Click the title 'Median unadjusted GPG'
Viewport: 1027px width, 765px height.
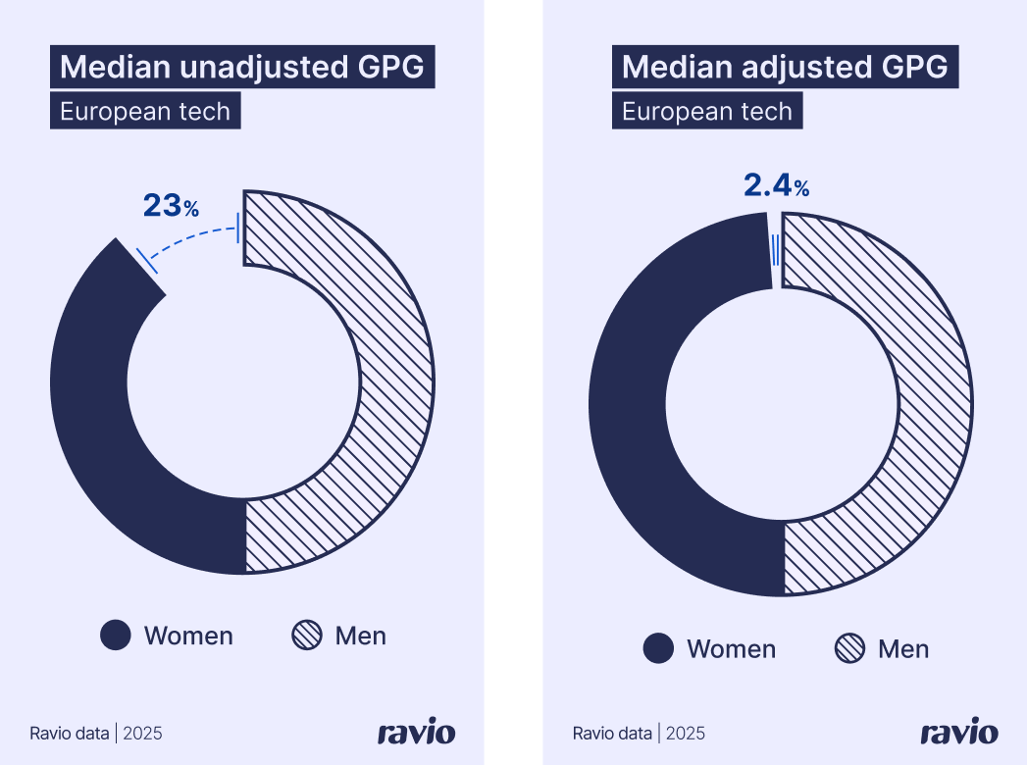(x=242, y=68)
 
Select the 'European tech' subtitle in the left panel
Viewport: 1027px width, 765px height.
(x=145, y=112)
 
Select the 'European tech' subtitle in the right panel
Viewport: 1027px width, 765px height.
(x=707, y=112)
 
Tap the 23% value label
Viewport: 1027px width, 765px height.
(x=171, y=206)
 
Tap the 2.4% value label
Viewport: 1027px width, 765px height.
(x=775, y=185)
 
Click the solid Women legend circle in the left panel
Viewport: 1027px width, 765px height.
(x=116, y=636)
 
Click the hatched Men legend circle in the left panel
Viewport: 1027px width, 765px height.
(x=307, y=636)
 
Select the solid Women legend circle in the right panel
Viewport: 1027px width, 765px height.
(x=658, y=648)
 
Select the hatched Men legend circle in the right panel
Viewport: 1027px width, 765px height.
(x=849, y=648)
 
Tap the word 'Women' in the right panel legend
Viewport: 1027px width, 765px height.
(x=731, y=649)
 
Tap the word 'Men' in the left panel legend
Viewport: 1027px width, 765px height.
(x=360, y=637)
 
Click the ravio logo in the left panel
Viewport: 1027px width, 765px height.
(x=416, y=733)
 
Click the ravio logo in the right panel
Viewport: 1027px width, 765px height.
(x=958, y=733)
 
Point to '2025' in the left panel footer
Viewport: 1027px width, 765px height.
(x=143, y=734)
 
